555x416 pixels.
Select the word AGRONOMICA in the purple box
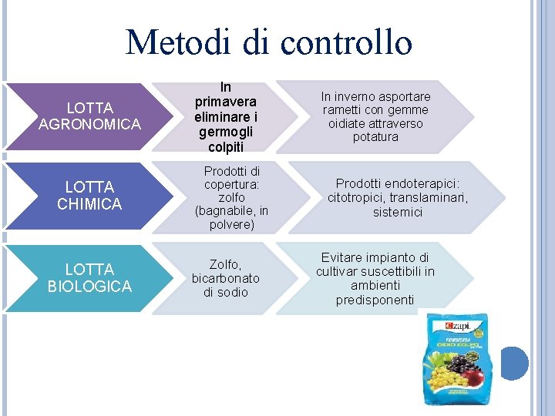(x=89, y=124)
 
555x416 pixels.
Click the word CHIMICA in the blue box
(x=89, y=204)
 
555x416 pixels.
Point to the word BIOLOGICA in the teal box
(x=89, y=287)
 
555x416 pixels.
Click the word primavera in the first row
(x=226, y=102)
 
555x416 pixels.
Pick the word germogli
(x=226, y=131)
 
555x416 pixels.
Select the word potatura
(x=375, y=137)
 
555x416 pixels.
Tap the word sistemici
(x=397, y=212)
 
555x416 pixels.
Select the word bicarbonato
(x=226, y=278)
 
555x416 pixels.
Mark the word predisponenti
(x=375, y=300)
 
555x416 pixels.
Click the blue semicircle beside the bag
(x=514, y=363)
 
